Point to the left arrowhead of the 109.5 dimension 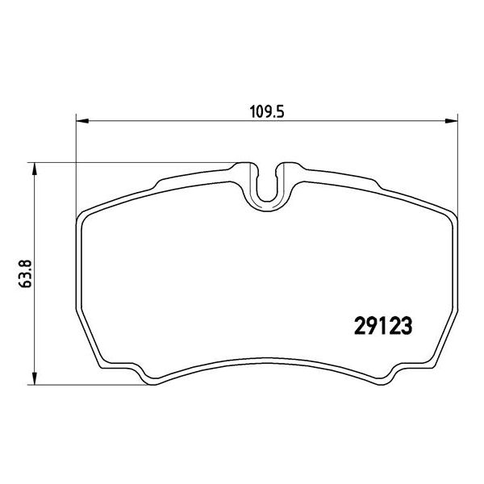click(81, 123)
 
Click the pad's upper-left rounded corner click(86, 216)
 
